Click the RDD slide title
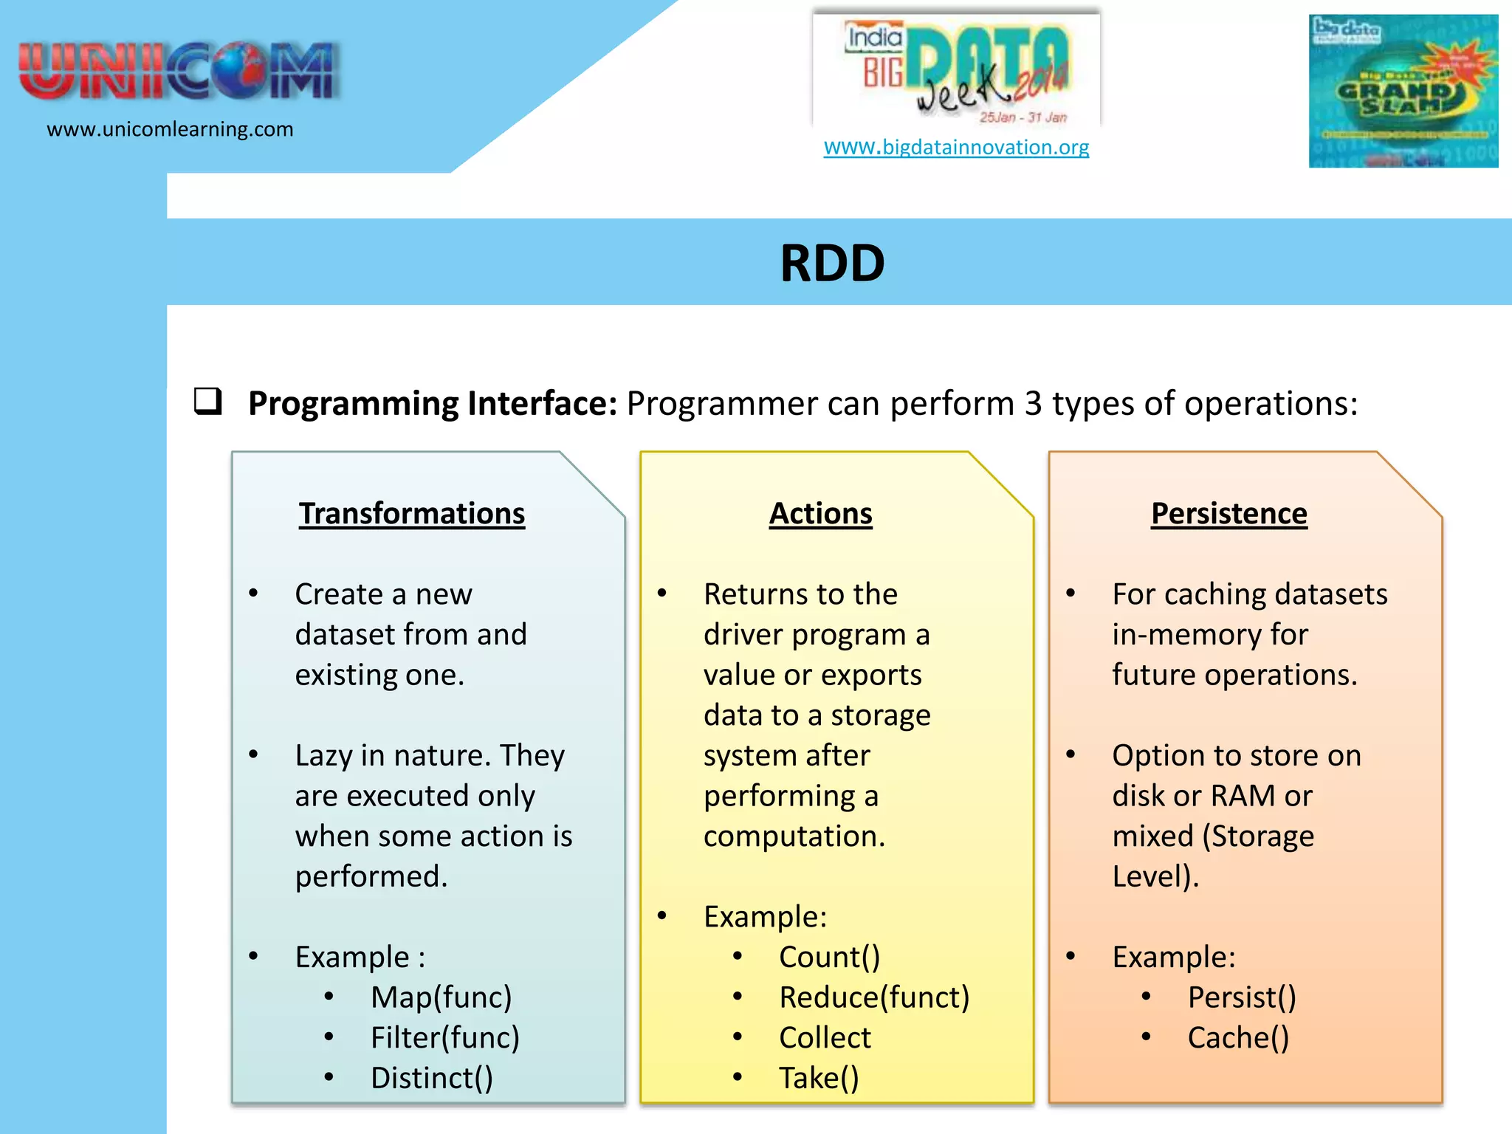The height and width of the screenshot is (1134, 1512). [x=832, y=264]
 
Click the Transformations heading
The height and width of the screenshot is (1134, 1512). [x=411, y=514]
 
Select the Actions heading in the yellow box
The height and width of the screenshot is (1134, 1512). [x=820, y=514]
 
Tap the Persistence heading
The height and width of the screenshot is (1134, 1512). [x=1228, y=514]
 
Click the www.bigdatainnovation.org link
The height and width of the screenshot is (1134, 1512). [x=956, y=147]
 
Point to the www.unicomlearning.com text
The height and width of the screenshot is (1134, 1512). [x=170, y=129]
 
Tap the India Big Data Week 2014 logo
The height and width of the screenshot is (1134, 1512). [x=956, y=70]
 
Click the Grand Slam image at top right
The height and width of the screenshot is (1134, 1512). [x=1403, y=91]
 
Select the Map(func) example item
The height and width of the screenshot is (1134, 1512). [x=441, y=997]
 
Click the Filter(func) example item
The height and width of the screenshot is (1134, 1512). [x=444, y=1038]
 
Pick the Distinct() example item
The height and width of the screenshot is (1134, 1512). [x=431, y=1079]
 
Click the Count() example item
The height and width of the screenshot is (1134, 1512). [x=829, y=958]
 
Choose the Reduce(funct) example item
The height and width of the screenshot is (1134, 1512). [x=874, y=997]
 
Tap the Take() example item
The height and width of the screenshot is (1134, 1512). [x=819, y=1079]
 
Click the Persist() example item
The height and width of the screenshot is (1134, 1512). [x=1242, y=997]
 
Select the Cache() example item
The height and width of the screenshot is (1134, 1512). [x=1238, y=1038]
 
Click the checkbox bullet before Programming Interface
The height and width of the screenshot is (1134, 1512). [x=207, y=401]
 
